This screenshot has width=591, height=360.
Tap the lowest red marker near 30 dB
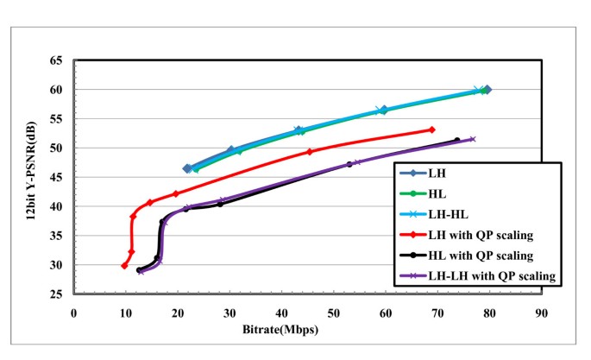click(124, 266)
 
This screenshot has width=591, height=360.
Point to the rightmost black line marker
click(456, 141)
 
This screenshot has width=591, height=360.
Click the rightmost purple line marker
click(472, 139)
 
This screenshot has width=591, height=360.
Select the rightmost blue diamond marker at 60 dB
click(487, 90)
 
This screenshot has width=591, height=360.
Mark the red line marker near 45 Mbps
click(310, 152)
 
